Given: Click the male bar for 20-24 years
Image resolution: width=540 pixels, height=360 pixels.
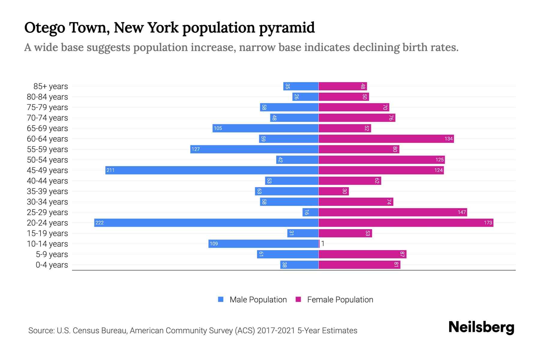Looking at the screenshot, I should pyautogui.click(x=206, y=223).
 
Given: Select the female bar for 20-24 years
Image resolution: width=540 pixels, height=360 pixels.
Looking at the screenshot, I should pyautogui.click(x=406, y=223).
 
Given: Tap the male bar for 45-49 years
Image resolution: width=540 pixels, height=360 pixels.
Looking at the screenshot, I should pyautogui.click(x=212, y=170).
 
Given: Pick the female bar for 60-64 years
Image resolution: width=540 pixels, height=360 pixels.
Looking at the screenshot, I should pyautogui.click(x=386, y=139).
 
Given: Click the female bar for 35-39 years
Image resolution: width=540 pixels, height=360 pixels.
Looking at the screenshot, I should pyautogui.click(x=333, y=191).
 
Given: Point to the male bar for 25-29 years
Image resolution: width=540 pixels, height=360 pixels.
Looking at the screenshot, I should pyautogui.click(x=310, y=212).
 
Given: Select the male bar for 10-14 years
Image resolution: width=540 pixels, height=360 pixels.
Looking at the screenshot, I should pyautogui.click(x=263, y=244).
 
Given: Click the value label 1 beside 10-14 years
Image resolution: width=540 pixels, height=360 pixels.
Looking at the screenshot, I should pyautogui.click(x=323, y=244).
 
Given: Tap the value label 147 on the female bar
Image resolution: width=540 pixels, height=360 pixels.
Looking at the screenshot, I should pyautogui.click(x=462, y=212).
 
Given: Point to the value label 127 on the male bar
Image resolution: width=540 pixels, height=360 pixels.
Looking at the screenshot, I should pyautogui.click(x=196, y=149).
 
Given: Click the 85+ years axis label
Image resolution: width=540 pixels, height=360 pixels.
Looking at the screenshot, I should pyautogui.click(x=51, y=86).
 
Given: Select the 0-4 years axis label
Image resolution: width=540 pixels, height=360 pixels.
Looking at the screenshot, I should pyautogui.click(x=52, y=265).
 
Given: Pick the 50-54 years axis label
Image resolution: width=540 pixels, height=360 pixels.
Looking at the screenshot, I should pyautogui.click(x=47, y=160).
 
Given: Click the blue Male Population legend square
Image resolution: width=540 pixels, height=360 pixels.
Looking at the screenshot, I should pyautogui.click(x=221, y=299).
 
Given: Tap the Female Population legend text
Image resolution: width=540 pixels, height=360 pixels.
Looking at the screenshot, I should pyautogui.click(x=340, y=300).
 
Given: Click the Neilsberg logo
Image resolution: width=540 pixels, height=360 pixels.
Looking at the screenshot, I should pyautogui.click(x=481, y=327).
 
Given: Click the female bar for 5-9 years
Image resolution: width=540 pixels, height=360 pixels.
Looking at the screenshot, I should pyautogui.click(x=362, y=254).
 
